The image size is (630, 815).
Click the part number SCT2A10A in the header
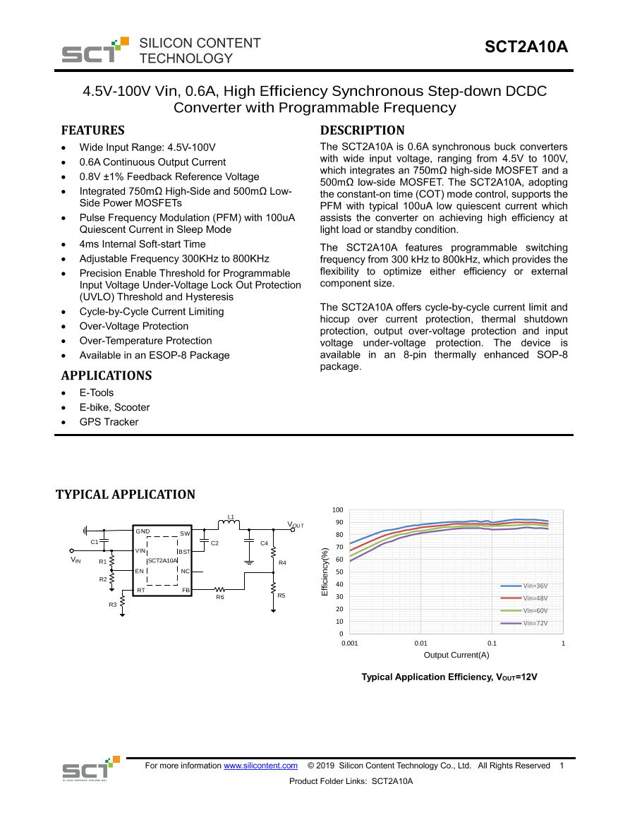tap(526, 47)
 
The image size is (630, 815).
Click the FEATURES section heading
tap(92, 131)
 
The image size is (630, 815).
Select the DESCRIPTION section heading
tap(362, 131)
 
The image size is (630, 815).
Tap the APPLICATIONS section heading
tap(106, 375)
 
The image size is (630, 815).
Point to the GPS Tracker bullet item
tap(109, 422)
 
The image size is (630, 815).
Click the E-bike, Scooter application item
tap(114, 407)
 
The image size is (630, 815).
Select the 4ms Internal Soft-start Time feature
tap(143, 244)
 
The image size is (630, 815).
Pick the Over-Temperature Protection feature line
tap(145, 341)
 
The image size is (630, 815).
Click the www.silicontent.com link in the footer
tap(260, 766)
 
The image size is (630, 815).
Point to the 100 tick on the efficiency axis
tap(337, 510)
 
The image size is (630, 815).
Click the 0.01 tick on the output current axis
tap(421, 644)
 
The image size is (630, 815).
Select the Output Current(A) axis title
tap(456, 655)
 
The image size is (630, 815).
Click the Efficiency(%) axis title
tap(325, 572)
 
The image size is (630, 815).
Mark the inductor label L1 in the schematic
tap(231, 517)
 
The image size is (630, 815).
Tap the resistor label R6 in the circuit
tap(220, 597)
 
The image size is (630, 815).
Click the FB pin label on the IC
tap(186, 590)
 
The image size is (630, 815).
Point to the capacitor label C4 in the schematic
tap(264, 543)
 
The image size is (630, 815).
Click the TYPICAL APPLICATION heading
tap(126, 495)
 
